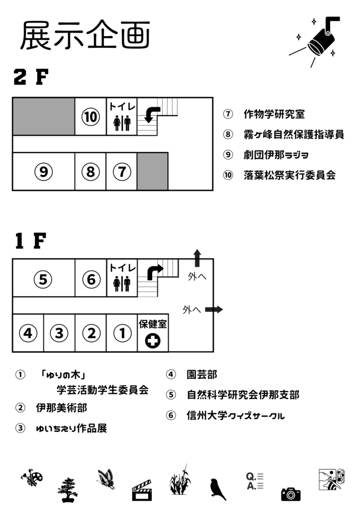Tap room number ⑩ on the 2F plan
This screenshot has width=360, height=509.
[x=90, y=117]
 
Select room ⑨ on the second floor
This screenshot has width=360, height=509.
[x=43, y=172]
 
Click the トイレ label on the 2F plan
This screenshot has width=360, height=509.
[x=122, y=106]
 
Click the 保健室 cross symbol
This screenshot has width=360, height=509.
[x=153, y=340]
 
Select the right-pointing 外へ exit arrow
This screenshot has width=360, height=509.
[x=214, y=309]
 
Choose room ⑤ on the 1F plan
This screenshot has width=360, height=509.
[x=43, y=279]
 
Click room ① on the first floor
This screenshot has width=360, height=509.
[x=122, y=333]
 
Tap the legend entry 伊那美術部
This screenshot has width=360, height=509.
[x=62, y=408]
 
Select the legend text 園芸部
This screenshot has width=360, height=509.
[x=201, y=374]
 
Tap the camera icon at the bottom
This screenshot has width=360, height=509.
[x=290, y=494]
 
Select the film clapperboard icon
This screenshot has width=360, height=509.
[x=141, y=490]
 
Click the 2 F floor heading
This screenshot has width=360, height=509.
[x=31, y=77]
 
